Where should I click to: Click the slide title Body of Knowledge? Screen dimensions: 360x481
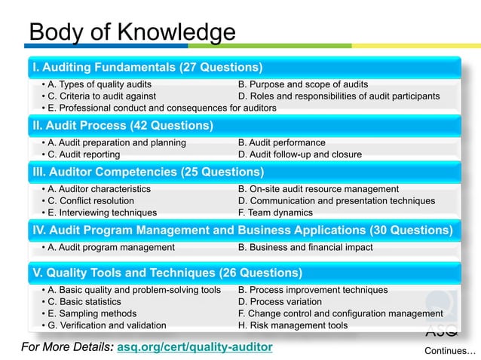tap(131, 32)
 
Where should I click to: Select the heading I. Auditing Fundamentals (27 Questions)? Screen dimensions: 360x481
tap(147, 67)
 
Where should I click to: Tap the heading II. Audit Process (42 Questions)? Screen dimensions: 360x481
tap(122, 125)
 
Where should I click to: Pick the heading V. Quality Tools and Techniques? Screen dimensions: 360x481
tap(167, 273)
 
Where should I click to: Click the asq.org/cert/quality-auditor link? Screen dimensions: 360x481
tap(195, 347)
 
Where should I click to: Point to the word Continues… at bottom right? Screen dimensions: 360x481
tap(450, 351)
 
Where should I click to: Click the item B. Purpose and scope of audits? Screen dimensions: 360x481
tap(303, 84)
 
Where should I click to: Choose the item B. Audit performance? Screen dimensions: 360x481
tap(281, 142)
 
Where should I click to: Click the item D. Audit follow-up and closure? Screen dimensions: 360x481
tap(299, 154)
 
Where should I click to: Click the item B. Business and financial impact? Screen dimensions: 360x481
tap(305, 247)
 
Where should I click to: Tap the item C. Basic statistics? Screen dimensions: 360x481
tap(85, 301)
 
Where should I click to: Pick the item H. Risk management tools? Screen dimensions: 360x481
tap(293, 325)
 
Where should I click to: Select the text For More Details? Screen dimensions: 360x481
tap(69, 347)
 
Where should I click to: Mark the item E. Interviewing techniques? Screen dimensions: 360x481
tap(99, 213)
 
